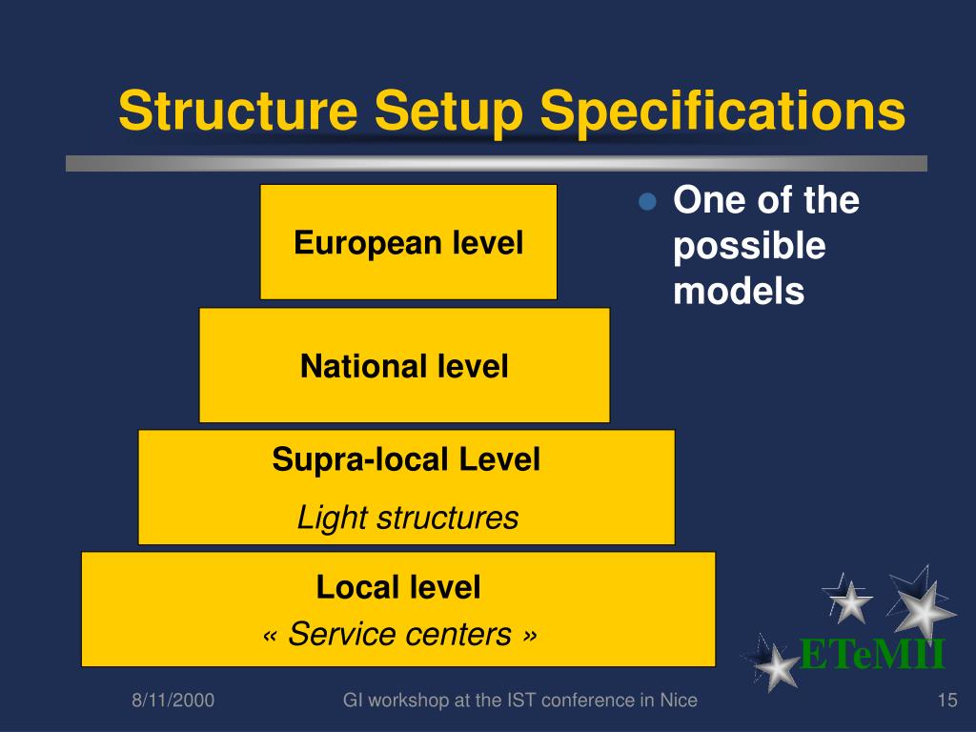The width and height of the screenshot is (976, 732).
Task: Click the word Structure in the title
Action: (x=238, y=112)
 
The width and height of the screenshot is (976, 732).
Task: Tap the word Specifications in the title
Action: (x=723, y=112)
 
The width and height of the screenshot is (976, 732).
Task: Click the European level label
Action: (x=408, y=243)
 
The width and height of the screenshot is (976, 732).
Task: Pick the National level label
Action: (x=404, y=366)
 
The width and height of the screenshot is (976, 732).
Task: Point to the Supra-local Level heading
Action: (x=406, y=460)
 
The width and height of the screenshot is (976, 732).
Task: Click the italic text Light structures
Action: (x=407, y=518)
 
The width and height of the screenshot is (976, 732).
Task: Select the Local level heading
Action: (x=398, y=587)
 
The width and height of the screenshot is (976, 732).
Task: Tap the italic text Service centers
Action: (x=399, y=634)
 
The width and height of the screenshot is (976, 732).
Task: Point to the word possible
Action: (x=749, y=247)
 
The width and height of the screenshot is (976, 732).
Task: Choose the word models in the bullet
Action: (x=739, y=292)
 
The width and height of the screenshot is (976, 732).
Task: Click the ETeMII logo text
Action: (x=871, y=656)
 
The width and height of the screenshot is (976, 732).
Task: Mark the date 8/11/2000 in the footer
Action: (x=173, y=701)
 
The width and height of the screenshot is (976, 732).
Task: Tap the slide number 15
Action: (x=946, y=701)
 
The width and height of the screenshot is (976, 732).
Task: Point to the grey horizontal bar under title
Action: (x=496, y=163)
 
